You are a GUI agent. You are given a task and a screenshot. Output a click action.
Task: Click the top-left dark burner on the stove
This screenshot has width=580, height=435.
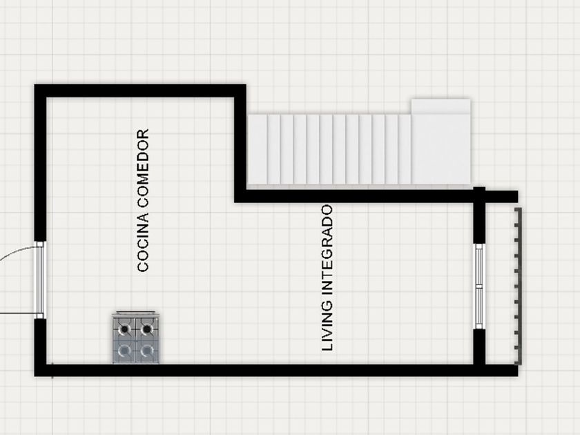pyautogui.click(x=125, y=328)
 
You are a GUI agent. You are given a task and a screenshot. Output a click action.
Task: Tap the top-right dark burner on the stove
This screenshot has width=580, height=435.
pyautogui.click(x=146, y=328)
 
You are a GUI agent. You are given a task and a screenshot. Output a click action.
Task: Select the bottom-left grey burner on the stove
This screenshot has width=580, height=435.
pyautogui.click(x=125, y=350)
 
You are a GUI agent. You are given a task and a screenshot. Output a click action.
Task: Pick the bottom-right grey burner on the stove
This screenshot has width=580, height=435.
pyautogui.click(x=146, y=350)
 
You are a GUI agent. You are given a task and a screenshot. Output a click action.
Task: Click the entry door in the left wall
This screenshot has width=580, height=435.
pyautogui.click(x=40, y=279)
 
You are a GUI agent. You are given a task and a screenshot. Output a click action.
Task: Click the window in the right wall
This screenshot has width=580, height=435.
pyautogui.click(x=478, y=284)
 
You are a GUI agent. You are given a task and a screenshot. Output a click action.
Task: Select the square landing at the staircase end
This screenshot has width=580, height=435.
pyautogui.click(x=441, y=142)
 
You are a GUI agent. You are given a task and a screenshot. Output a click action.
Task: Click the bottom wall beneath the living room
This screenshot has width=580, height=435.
pyautogui.click(x=276, y=370)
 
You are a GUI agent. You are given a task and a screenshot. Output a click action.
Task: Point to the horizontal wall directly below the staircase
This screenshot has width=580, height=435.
pyautogui.click(x=359, y=196)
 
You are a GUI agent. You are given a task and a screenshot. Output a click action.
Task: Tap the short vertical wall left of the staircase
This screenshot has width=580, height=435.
pyautogui.click(x=240, y=145)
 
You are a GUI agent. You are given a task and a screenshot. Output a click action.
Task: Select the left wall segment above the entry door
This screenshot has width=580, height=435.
pyautogui.click(x=41, y=166)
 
